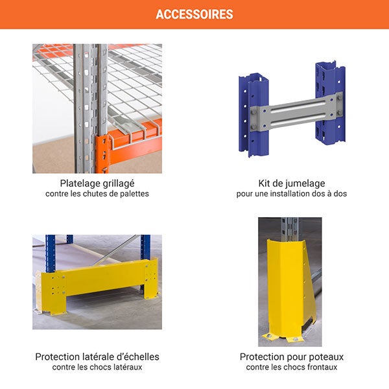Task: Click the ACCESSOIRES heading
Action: pos(194,14)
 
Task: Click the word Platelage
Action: pos(78,183)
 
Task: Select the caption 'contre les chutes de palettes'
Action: pos(97,194)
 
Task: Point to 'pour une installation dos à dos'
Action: pos(292,194)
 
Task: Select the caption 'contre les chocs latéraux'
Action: pos(97,367)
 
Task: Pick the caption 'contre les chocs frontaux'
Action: pos(292,367)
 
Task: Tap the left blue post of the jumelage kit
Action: pos(253,115)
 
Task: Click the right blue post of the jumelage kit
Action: pos(331,103)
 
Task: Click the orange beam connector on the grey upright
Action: pos(102,154)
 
